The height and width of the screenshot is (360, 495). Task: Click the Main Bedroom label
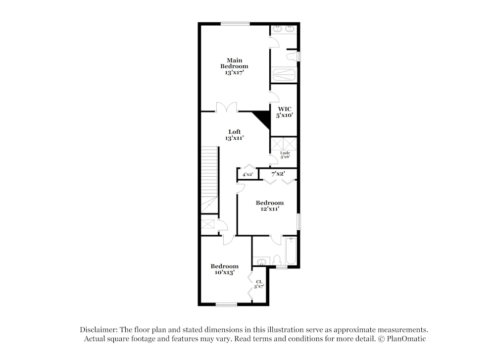234,63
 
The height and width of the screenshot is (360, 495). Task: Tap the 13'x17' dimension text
234,72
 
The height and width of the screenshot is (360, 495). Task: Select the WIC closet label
285,108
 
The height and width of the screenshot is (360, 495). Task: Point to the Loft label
235,132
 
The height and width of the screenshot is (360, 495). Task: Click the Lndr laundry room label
285,153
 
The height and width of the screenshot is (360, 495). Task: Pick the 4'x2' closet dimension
248,175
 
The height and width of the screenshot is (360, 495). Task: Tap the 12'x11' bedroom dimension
270,209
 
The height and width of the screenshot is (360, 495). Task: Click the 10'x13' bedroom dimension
224,272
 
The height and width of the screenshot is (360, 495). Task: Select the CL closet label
259,282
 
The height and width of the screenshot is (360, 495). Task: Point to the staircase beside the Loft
210,178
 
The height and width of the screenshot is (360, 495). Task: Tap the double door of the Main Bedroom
227,107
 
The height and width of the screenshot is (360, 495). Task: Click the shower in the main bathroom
284,75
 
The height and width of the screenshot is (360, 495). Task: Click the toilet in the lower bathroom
277,259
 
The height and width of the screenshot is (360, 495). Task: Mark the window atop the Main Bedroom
235,23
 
